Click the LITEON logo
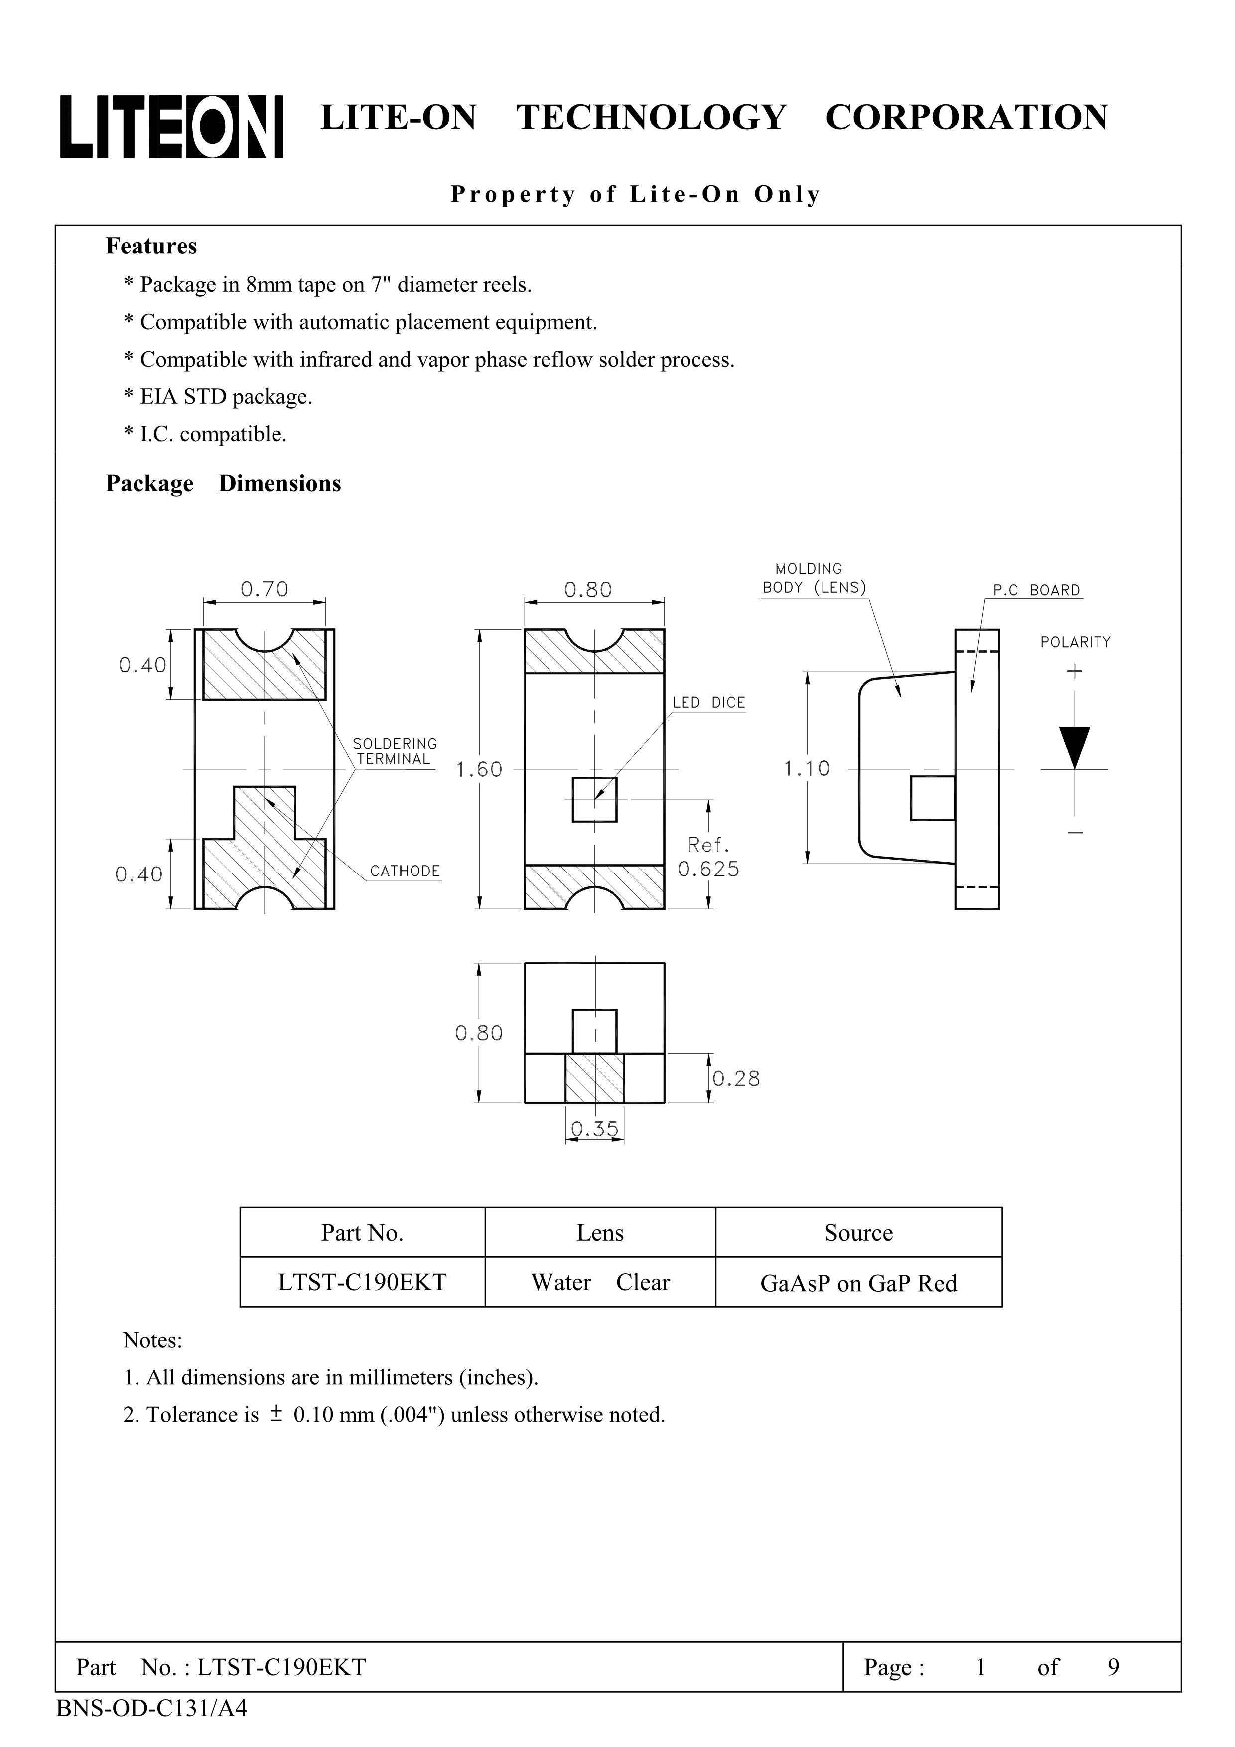pos(171,127)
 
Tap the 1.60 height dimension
pos(479,769)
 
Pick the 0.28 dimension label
pos(736,1078)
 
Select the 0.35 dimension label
pos(594,1128)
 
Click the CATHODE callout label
pos(405,871)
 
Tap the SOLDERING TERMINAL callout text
pos(394,751)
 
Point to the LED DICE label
pos(708,702)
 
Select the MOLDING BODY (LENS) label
pos(813,578)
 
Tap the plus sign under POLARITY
pos(1074,671)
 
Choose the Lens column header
pos(600,1233)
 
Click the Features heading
pos(151,247)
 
